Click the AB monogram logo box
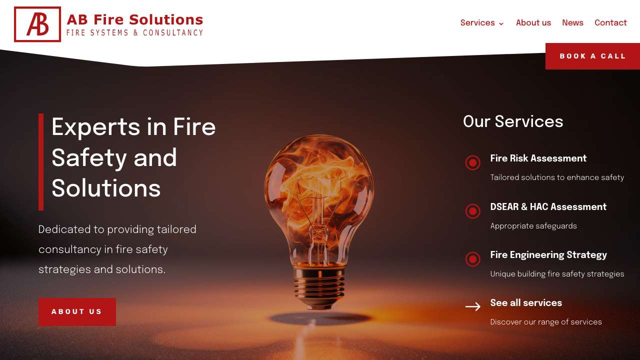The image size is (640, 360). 37,24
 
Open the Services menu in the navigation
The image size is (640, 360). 477,23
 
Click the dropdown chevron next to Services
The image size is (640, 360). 501,23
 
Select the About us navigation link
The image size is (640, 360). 533,23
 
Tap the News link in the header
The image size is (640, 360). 572,23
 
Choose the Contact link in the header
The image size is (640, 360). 610,23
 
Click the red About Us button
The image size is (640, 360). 77,311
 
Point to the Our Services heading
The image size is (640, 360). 513,121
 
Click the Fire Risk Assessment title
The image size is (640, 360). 538,158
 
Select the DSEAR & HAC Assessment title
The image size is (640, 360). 548,206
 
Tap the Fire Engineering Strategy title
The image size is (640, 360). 548,255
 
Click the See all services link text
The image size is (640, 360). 526,303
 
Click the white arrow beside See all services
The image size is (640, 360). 473,306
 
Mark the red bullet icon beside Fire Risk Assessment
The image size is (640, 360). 473,162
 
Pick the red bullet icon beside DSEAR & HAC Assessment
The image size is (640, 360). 473,211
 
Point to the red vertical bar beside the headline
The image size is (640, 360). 41,161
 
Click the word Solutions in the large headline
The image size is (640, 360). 106,188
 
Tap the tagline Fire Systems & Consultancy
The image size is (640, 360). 134,32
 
